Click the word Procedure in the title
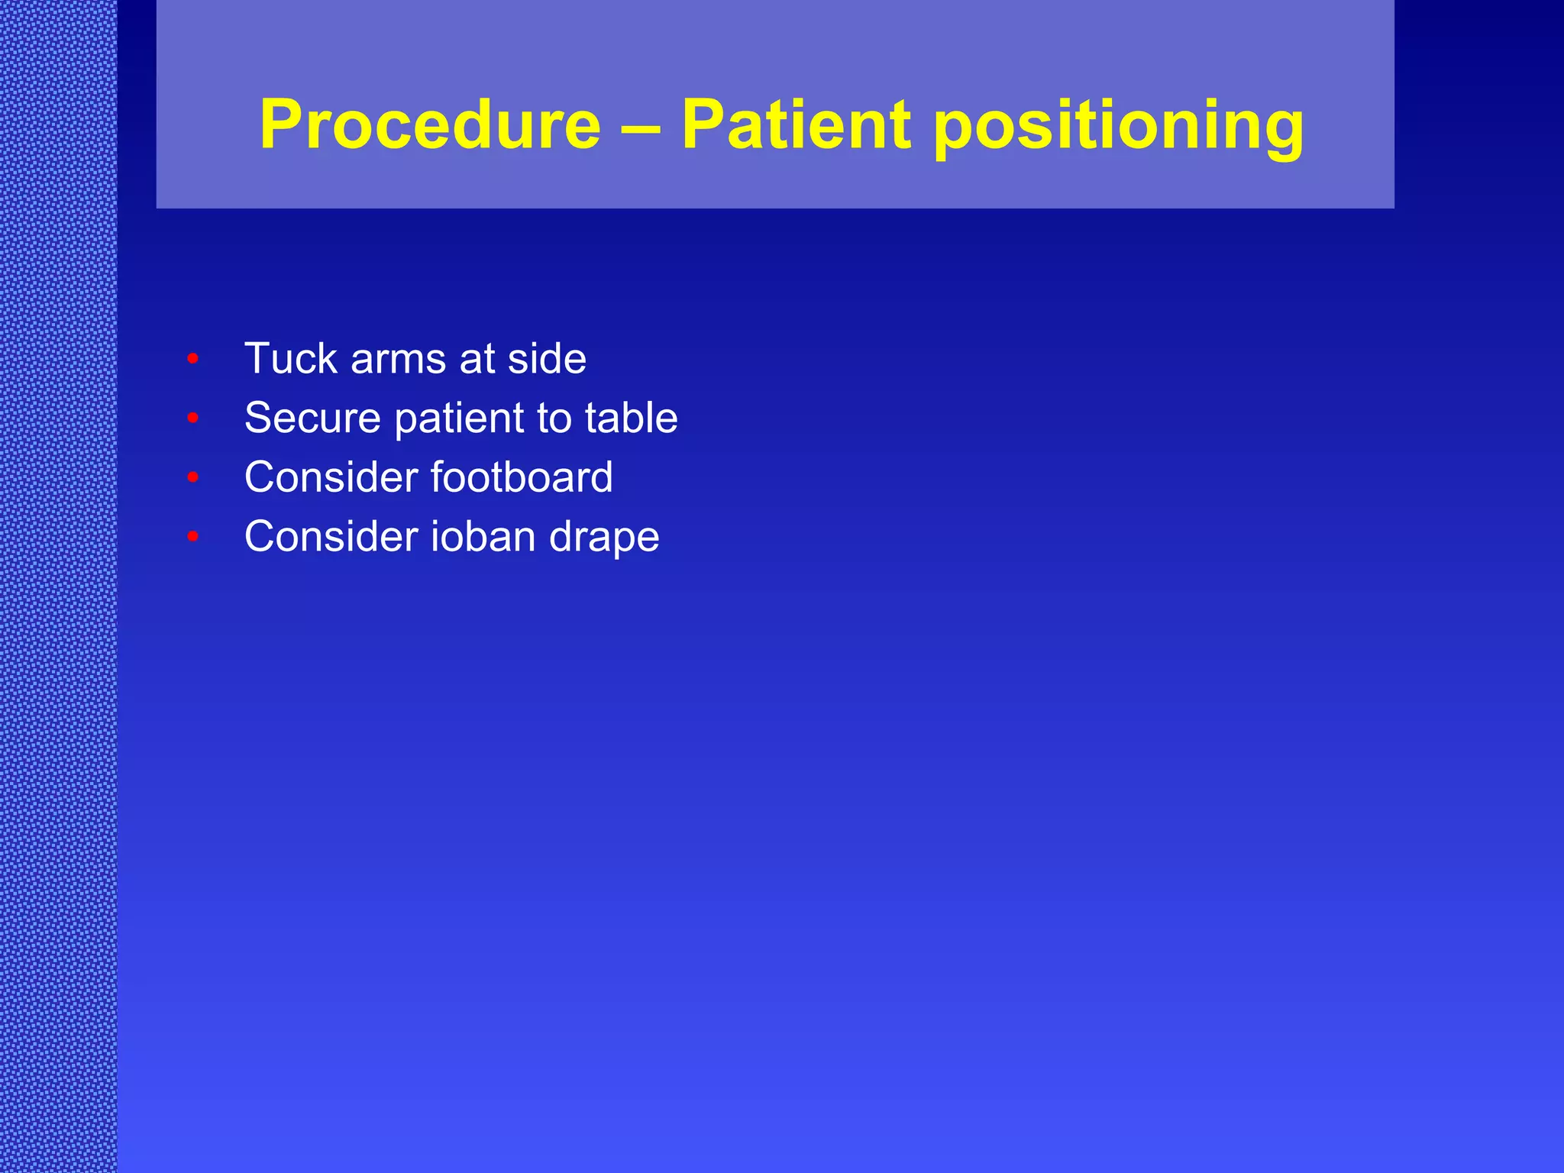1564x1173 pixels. coord(430,124)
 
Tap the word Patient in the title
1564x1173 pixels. coord(796,124)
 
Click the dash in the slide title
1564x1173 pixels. coord(641,126)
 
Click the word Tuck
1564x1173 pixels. coord(291,358)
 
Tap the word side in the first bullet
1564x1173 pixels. coord(547,358)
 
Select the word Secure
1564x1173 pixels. coord(312,418)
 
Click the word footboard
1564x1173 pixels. coord(522,477)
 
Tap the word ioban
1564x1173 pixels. coord(483,536)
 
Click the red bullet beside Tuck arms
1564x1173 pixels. coord(193,358)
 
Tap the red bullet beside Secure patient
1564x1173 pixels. coord(193,418)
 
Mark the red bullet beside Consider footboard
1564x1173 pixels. coord(193,477)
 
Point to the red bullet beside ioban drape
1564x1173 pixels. coord(193,537)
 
